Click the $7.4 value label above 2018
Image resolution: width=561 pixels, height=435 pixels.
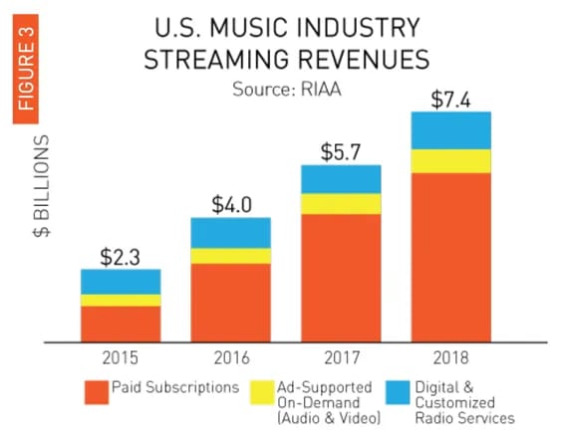[450, 100]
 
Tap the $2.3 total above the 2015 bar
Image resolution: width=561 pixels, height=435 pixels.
[120, 257]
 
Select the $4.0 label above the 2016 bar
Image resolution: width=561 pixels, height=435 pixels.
[232, 205]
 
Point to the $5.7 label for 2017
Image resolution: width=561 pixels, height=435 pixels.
[340, 152]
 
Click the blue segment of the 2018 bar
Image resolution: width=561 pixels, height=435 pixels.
[450, 130]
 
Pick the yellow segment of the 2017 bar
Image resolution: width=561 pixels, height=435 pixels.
[341, 204]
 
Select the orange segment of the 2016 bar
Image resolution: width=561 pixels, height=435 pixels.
[231, 303]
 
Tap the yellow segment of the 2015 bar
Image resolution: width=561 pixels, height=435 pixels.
[121, 301]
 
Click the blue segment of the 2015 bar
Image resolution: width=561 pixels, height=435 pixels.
[121, 282]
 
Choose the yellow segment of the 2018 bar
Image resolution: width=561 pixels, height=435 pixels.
[450, 161]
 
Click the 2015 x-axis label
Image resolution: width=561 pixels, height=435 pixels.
[120, 357]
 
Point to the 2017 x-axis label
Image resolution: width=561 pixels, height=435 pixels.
[342, 357]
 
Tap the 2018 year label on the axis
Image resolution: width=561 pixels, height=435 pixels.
[450, 357]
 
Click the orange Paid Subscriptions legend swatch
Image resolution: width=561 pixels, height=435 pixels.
[97, 392]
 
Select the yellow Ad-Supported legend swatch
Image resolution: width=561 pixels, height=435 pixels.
[261, 392]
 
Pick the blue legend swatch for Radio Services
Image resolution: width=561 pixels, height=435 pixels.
[398, 392]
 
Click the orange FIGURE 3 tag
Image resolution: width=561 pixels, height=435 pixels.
[26, 69]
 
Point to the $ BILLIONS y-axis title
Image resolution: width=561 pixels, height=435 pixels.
[42, 186]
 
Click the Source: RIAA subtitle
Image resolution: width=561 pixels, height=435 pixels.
[287, 89]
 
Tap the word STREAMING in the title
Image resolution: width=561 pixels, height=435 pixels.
[216, 59]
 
